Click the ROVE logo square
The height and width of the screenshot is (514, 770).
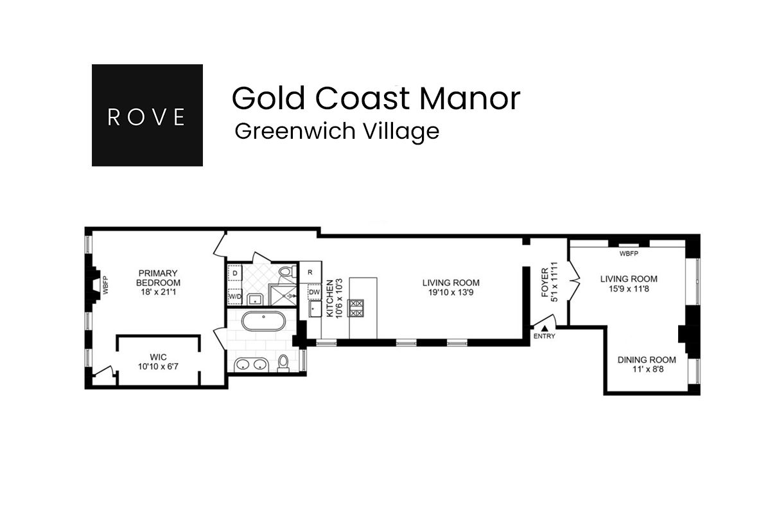[x=147, y=115]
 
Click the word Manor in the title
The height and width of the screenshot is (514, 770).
[x=469, y=98]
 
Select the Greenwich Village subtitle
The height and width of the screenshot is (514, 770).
[x=337, y=131]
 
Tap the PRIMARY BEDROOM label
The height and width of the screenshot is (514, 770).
[x=158, y=278]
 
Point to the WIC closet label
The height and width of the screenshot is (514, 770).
[x=158, y=357]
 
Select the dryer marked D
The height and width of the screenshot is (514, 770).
[x=235, y=273]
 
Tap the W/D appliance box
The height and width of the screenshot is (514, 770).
[x=235, y=296]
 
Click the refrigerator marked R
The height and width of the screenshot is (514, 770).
[x=310, y=272]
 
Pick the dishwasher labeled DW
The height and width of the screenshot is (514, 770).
[x=314, y=292]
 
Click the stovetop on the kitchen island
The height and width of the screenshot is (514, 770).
[x=356, y=307]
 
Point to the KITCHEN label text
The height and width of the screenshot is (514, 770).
[x=330, y=299]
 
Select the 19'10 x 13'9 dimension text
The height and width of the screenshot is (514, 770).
[x=451, y=292]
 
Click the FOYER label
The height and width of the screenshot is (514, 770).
[x=545, y=283]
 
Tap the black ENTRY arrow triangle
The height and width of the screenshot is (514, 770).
[x=544, y=328]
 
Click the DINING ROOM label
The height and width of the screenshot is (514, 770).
[x=647, y=360]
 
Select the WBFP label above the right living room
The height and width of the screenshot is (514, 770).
[x=629, y=254]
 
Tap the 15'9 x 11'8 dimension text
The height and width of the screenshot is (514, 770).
[x=629, y=289]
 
